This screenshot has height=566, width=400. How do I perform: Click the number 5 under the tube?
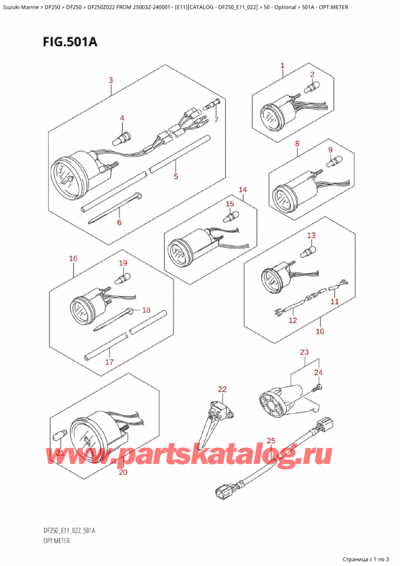coord(175,177)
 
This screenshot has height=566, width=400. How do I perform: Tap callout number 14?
coord(243,190)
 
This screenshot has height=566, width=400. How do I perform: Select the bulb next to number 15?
coord(230,215)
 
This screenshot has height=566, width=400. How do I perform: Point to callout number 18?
coord(147,310)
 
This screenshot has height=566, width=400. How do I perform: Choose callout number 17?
coord(109,362)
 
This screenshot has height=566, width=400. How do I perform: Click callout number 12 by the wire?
coord(292,320)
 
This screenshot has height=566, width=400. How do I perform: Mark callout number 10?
coord(319,331)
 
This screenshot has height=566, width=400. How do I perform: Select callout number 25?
coord(271,441)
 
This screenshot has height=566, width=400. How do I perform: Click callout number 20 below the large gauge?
coord(122,473)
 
